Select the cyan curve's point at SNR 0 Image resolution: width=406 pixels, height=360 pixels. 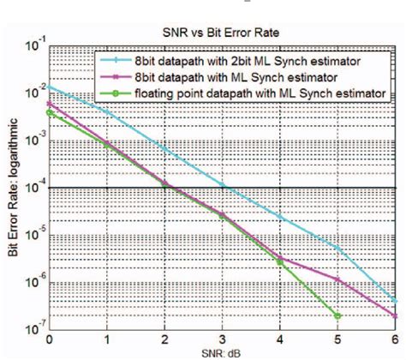pos(50,87)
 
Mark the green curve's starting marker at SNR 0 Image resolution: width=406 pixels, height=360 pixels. pos(50,112)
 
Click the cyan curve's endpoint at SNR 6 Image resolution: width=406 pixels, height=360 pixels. pos(395,302)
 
